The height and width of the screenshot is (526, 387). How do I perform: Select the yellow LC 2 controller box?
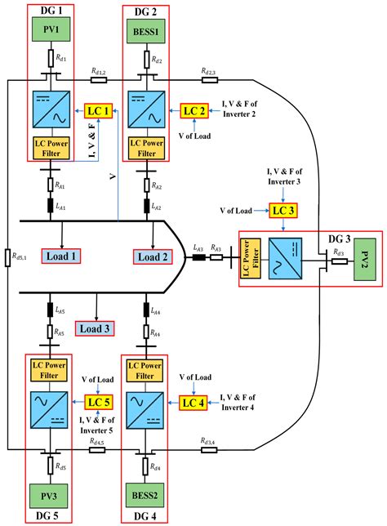194,109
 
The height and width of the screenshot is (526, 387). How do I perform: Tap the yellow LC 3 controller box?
284,211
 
